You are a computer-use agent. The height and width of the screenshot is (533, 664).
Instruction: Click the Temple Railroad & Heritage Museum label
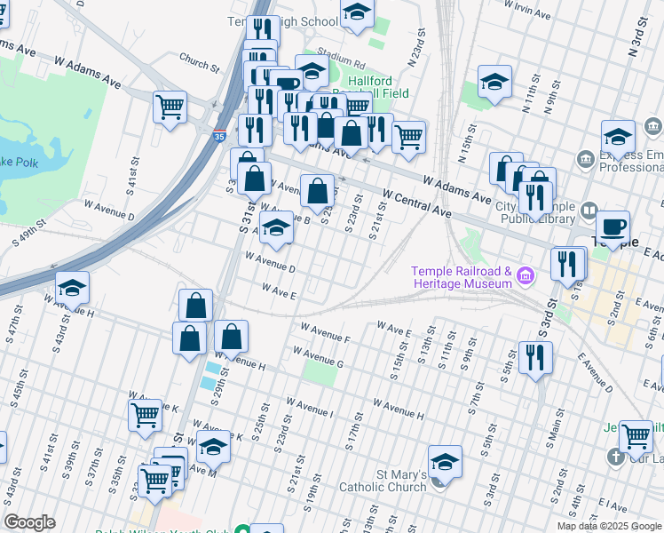point(461,277)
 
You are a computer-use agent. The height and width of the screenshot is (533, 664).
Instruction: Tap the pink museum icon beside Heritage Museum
point(526,276)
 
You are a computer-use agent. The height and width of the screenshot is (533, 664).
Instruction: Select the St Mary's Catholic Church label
point(383,480)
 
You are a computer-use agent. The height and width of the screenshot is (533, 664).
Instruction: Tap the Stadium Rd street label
point(347,65)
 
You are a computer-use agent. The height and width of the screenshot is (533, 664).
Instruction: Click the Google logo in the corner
point(29,521)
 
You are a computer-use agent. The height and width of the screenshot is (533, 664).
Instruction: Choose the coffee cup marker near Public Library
point(613,226)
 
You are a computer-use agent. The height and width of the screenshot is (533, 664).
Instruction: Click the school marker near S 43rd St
point(72,287)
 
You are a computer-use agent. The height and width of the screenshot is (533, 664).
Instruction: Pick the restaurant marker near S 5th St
point(535,357)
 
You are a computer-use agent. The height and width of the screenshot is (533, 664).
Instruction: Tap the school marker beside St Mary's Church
point(445,461)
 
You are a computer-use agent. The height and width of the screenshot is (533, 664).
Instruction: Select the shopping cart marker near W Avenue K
point(146,413)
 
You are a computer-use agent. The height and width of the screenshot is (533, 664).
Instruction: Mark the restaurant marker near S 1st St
point(567,263)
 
